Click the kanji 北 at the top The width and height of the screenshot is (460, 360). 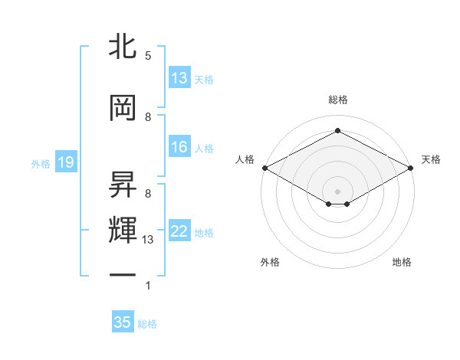(123, 47)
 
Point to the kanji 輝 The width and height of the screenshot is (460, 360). (123, 229)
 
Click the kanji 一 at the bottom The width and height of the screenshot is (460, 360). (123, 273)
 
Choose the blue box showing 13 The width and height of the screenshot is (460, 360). (179, 78)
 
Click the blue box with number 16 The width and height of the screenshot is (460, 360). (179, 147)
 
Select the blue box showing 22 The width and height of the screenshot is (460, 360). (179, 231)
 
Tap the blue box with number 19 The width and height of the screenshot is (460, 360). (65, 162)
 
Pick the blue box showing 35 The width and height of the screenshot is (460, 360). (123, 322)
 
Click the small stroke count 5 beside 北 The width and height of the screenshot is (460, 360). (148, 56)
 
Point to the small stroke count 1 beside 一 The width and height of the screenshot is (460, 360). (148, 286)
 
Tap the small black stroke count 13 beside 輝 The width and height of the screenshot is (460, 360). (149, 240)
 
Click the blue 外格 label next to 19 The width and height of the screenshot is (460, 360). (41, 163)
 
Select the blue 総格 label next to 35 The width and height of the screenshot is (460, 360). (147, 324)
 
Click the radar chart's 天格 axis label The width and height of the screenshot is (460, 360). (431, 159)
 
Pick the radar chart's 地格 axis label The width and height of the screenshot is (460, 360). (402, 263)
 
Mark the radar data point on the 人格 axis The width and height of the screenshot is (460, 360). (264, 168)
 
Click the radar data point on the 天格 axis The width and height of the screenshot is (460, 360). (411, 168)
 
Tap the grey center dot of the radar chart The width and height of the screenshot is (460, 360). (337, 191)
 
